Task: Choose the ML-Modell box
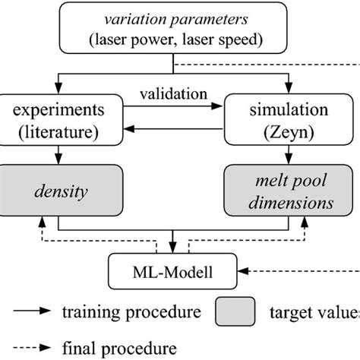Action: (x=173, y=270)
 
